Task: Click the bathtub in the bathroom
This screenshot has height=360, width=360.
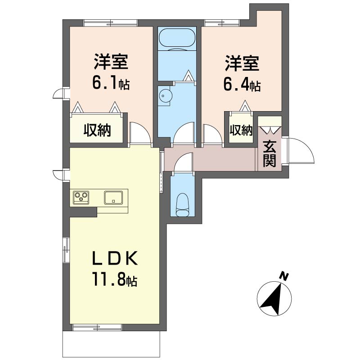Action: tap(177, 39)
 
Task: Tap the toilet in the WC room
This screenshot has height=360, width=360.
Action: tap(183, 205)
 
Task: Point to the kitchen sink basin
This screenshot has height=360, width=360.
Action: tap(113, 198)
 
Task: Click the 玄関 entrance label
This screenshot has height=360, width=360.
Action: tap(269, 153)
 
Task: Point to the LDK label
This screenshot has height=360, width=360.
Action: tap(115, 258)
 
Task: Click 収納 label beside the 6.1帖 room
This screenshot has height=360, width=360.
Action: tap(97, 130)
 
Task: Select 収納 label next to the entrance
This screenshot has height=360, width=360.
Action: tap(241, 130)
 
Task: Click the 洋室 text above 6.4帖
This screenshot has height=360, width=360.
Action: tap(242, 63)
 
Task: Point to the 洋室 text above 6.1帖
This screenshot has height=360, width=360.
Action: tap(111, 61)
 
